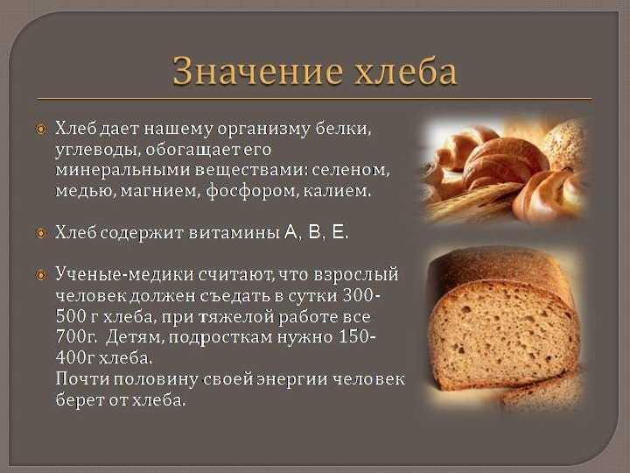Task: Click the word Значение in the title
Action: click(x=258, y=71)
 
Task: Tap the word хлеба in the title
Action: click(x=405, y=71)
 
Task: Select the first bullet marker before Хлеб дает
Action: click(x=41, y=130)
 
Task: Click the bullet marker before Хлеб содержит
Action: click(x=41, y=233)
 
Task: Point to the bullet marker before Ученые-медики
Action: click(x=41, y=276)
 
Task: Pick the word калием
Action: click(x=337, y=191)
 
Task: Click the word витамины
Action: click(x=234, y=233)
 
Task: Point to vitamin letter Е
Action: click(x=339, y=232)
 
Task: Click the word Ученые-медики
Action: click(x=124, y=275)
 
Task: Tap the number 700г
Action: click(x=76, y=337)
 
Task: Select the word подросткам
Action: click(x=220, y=338)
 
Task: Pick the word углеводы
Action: click(x=98, y=150)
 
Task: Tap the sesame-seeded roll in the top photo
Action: click(x=566, y=144)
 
